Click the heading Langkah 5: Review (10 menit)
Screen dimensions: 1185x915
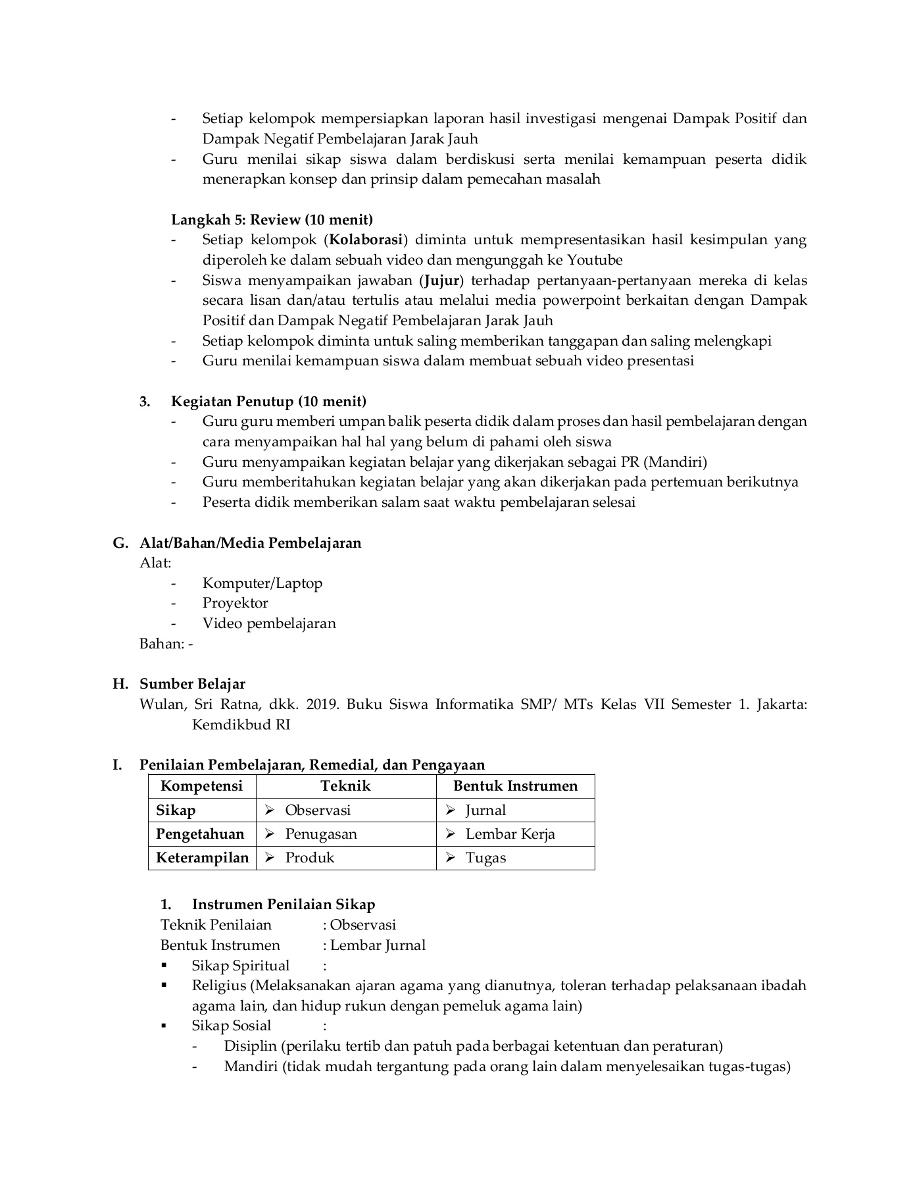(x=272, y=219)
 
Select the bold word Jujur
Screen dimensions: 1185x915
(x=441, y=280)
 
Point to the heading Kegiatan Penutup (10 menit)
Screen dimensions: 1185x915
(x=268, y=401)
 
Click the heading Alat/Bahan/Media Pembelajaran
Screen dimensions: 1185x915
(x=250, y=543)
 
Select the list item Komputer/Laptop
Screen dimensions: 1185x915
(x=262, y=583)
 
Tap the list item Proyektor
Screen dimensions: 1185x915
(x=235, y=603)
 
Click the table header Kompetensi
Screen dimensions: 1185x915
(x=202, y=786)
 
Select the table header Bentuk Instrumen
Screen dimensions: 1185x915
(x=515, y=786)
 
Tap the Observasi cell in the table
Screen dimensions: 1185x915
(x=318, y=810)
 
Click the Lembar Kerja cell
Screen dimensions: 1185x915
(x=510, y=834)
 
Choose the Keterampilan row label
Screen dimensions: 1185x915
(x=202, y=858)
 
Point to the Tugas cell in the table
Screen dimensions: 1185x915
(x=485, y=858)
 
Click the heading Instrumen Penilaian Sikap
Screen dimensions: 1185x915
(x=283, y=905)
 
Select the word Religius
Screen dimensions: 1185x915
(x=218, y=986)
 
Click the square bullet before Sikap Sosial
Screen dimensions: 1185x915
(x=164, y=1026)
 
